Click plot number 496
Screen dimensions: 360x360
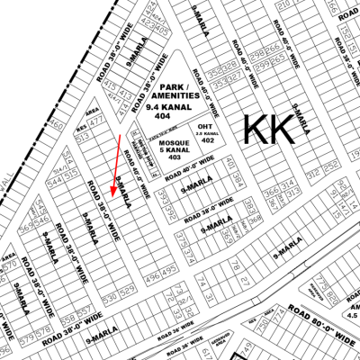coord(150,292)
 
